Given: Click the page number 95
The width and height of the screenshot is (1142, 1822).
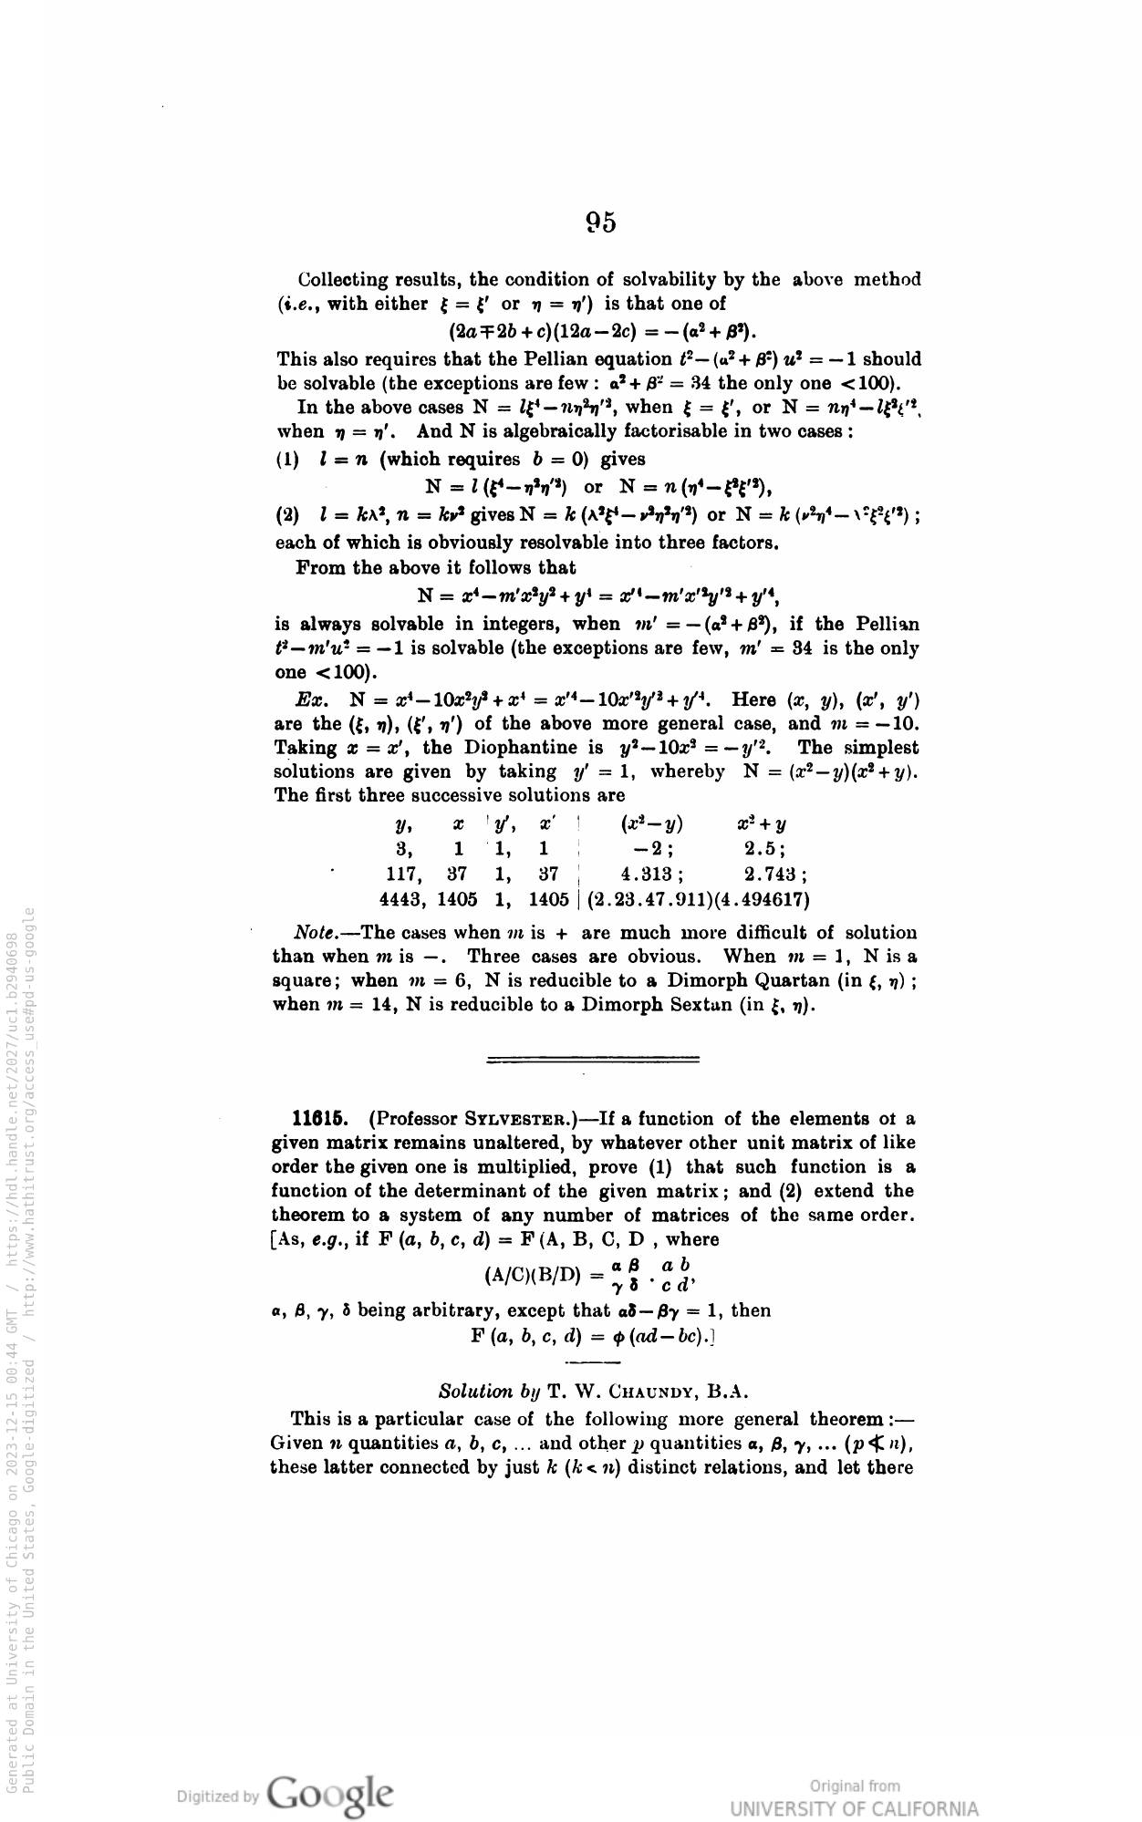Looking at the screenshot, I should coord(601,222).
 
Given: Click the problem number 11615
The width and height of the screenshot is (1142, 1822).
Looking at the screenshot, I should coord(317,1118).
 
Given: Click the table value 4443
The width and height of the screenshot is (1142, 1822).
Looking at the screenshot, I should coord(402,899).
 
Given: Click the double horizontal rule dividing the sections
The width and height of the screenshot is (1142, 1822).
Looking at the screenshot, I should coord(594,1059).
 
